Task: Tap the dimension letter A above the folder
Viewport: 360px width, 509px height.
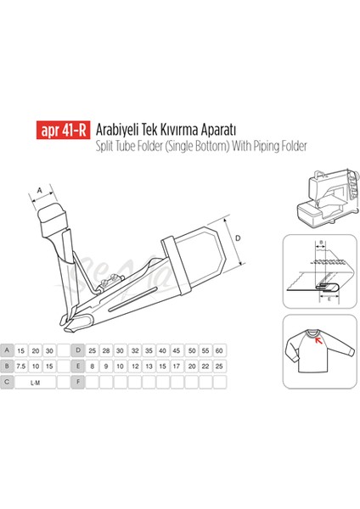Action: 40,189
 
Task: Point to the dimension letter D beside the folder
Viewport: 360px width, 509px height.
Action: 238,240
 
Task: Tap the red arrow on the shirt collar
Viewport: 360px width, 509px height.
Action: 318,339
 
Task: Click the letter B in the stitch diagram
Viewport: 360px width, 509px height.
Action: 320,243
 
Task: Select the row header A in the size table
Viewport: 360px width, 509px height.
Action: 8,350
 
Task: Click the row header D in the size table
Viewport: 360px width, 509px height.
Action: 78,350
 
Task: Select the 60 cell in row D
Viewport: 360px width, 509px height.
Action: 219,350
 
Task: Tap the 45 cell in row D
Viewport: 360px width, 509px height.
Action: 175,350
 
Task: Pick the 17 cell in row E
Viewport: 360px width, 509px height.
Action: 175,366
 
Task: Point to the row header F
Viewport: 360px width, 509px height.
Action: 78,382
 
